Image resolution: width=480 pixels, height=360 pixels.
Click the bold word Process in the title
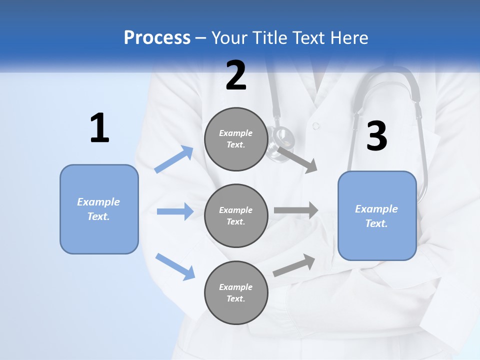[x=157, y=37]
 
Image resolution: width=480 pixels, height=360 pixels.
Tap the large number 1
[x=99, y=128]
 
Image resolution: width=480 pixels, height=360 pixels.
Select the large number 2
[x=236, y=75]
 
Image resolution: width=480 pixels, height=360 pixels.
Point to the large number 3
[x=376, y=136]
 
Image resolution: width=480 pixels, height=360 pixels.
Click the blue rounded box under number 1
[x=99, y=209]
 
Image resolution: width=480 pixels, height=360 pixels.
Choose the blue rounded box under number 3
[x=377, y=215]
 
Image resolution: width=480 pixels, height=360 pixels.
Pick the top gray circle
[x=236, y=139]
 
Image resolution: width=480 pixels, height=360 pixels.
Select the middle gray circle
[x=236, y=215]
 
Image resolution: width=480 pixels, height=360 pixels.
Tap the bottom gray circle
[x=236, y=292]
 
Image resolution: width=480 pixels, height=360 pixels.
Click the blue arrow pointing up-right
[x=174, y=159]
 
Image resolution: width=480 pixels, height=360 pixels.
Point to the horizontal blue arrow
[x=175, y=211]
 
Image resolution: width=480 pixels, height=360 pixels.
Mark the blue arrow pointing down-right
[x=175, y=266]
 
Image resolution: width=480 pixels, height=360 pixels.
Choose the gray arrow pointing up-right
[x=294, y=265]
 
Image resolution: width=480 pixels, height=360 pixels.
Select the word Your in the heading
[x=229, y=37]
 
